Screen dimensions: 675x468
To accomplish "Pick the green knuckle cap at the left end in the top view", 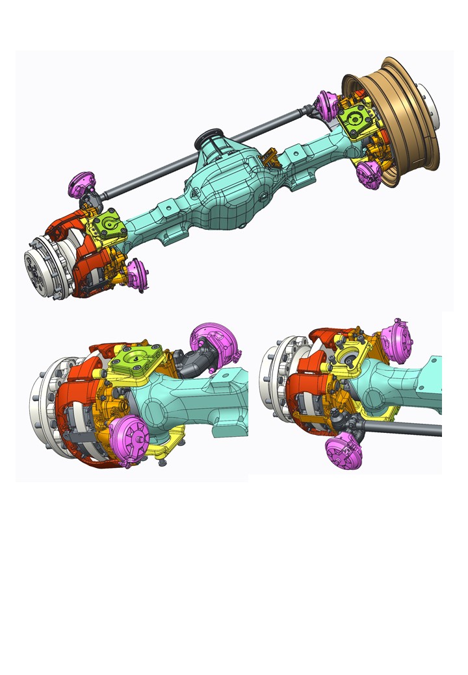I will coord(107,225).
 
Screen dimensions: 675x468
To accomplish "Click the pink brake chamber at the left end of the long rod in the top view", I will coord(83,185).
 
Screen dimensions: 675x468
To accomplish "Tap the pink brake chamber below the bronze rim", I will coord(369,173).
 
